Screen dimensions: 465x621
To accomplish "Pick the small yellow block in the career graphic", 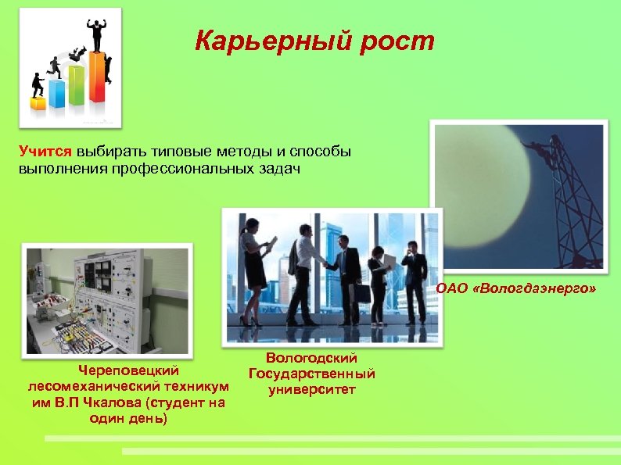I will click(x=38, y=102).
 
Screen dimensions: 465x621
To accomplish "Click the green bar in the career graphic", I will click(x=76, y=85).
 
